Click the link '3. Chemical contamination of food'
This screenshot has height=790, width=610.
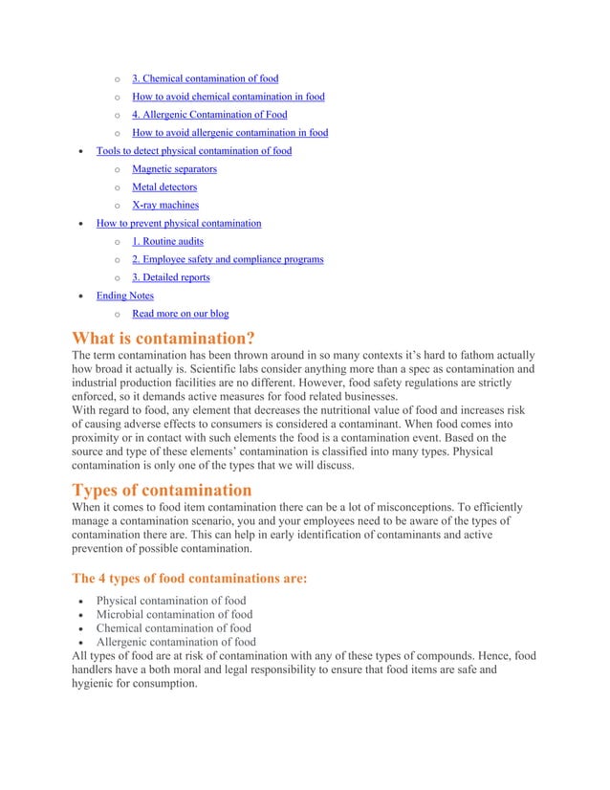(x=205, y=78)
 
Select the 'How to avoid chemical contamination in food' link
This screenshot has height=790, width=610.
(x=228, y=97)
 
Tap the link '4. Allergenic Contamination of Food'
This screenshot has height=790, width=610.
(x=208, y=115)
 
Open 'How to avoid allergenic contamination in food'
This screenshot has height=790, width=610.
(x=229, y=133)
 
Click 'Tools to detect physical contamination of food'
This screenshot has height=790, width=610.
(x=194, y=151)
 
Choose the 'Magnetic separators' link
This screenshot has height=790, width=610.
(x=174, y=169)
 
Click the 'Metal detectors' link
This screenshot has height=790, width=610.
(x=164, y=187)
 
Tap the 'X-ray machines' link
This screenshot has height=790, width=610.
(x=165, y=206)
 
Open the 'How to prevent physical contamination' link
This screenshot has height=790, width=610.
(x=179, y=224)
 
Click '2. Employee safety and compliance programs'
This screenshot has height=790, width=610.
(x=228, y=259)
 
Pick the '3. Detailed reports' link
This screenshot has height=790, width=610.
(x=171, y=277)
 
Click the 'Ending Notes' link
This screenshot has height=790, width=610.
(x=125, y=296)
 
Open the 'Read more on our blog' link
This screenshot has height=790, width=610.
(x=180, y=314)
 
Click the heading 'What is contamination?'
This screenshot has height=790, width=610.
(x=163, y=338)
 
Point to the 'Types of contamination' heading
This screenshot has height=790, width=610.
(x=163, y=491)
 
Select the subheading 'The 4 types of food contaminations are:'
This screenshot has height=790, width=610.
(x=189, y=579)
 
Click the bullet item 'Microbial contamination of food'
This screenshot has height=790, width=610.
(x=175, y=614)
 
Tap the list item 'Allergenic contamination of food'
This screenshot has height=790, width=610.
(x=176, y=642)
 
